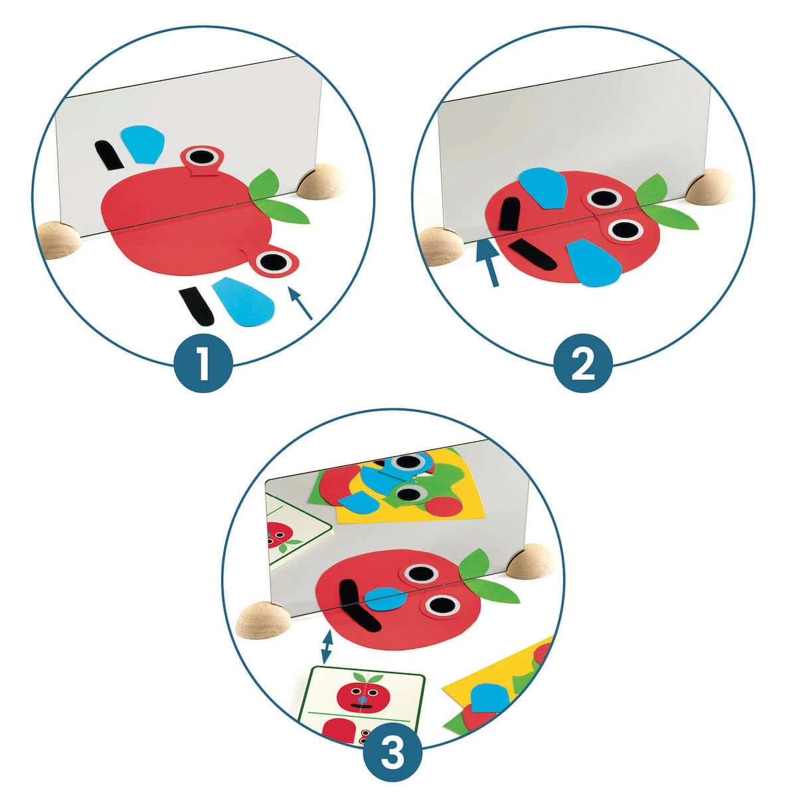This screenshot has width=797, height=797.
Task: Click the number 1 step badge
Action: (203, 363)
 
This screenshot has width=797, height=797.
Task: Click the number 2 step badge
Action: (582, 363)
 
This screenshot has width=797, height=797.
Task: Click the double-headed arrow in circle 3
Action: (326, 646)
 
